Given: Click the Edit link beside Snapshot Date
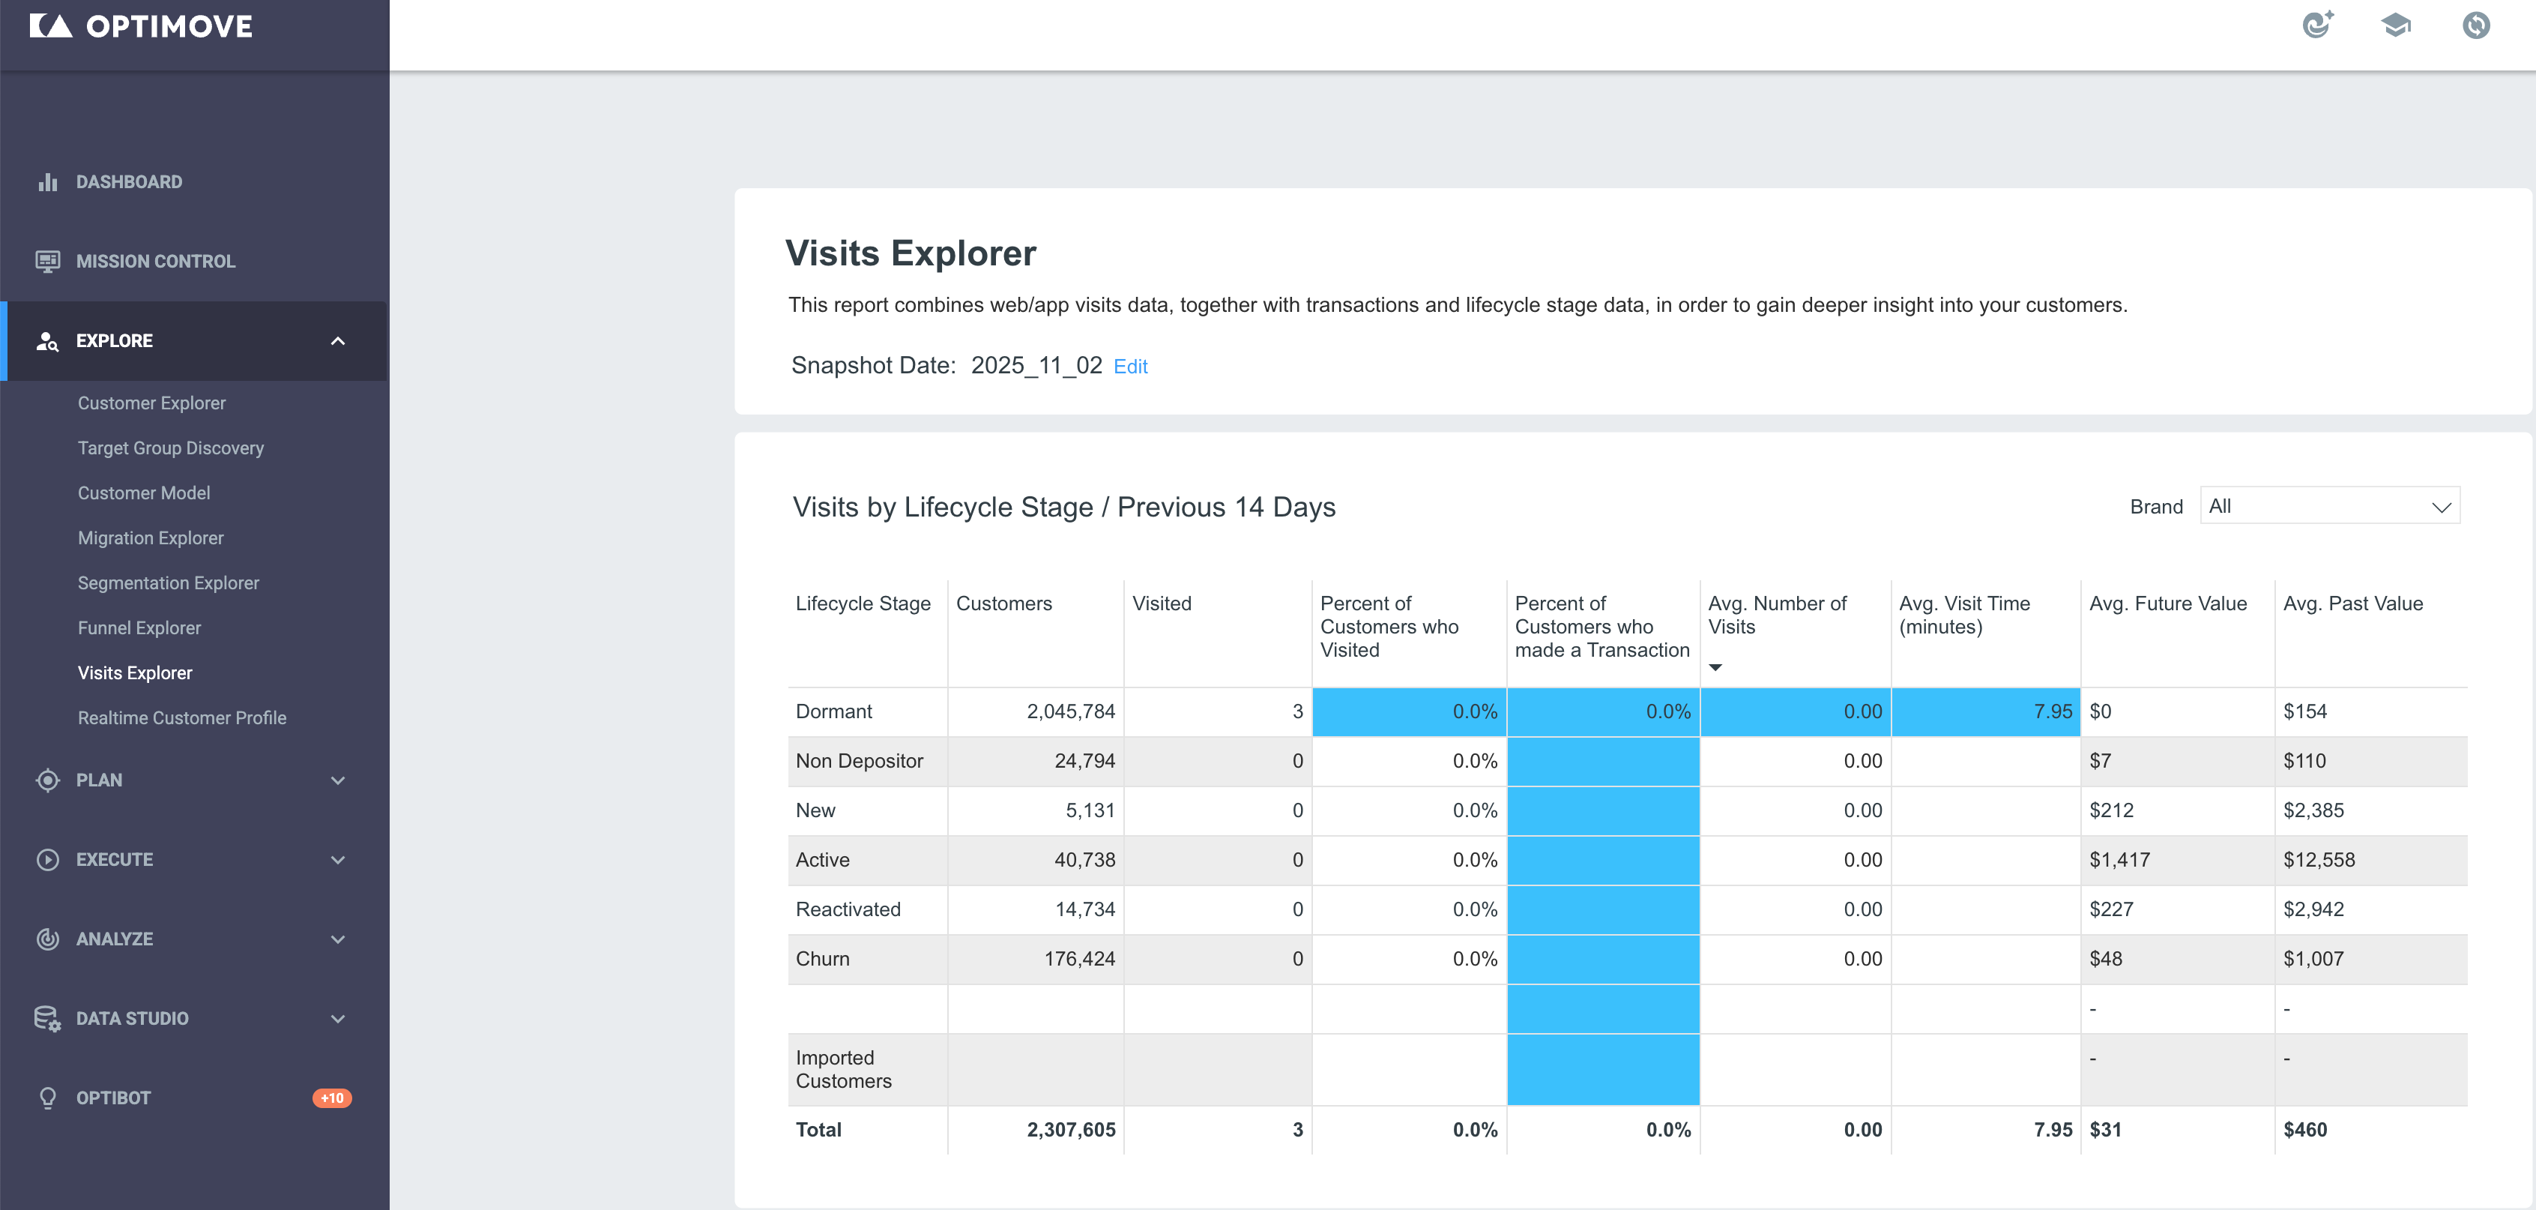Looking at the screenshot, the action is [1130, 367].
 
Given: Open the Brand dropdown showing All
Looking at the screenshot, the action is [2329, 506].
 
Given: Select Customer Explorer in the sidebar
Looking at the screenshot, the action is [151, 403].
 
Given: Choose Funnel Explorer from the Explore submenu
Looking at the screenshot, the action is [139, 628].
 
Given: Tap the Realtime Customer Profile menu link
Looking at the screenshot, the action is [182, 717].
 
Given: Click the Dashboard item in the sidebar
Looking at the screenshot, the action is [129, 182].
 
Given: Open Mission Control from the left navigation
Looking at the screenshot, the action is [156, 261].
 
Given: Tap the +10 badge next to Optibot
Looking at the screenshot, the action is [332, 1098].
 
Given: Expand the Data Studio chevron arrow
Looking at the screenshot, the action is [338, 1019].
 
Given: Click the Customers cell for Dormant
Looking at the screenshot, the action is [1070, 711].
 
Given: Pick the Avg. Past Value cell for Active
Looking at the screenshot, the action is [2319, 859].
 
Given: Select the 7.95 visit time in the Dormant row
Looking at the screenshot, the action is [2053, 711].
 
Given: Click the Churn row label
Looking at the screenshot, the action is [822, 959].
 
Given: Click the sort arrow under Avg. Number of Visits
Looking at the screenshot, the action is [1715, 667].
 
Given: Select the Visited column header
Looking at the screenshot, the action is [1162, 604].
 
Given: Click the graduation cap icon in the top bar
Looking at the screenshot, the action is [2396, 25].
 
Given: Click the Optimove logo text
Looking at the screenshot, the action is [169, 26].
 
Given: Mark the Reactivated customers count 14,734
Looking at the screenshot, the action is [1085, 909].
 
